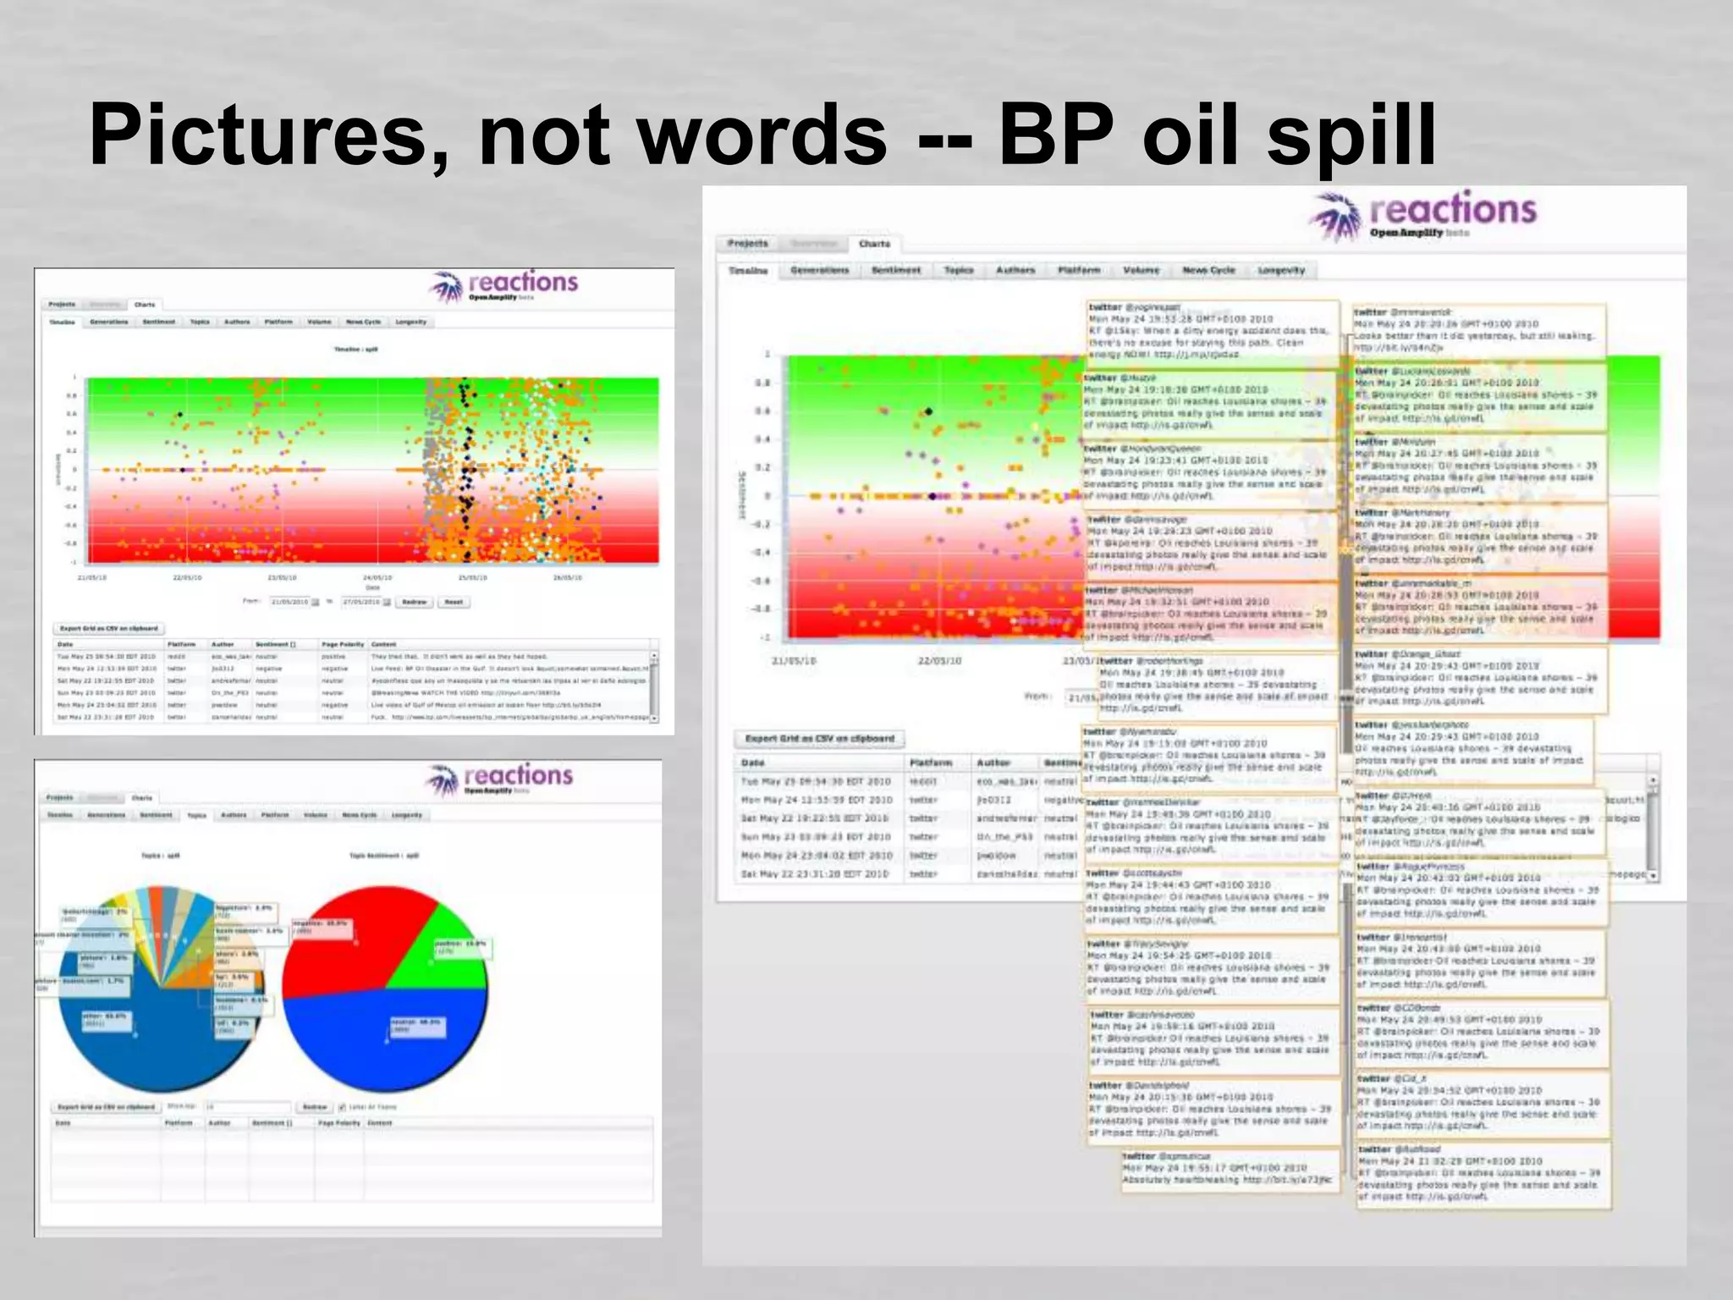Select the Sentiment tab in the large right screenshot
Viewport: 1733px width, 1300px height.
pyautogui.click(x=896, y=271)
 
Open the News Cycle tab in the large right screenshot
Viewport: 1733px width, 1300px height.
pyautogui.click(x=1208, y=271)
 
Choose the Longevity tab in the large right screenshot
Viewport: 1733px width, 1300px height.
pyautogui.click(x=1281, y=271)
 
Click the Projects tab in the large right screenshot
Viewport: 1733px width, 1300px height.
pyautogui.click(x=748, y=244)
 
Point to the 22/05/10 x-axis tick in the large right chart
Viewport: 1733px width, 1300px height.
pyautogui.click(x=940, y=661)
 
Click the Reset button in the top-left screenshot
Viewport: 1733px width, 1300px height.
pyautogui.click(x=454, y=602)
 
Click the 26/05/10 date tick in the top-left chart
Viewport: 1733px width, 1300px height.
pyautogui.click(x=568, y=578)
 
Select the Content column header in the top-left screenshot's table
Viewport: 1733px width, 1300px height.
pyautogui.click(x=383, y=644)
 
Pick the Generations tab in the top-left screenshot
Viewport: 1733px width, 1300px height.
pyautogui.click(x=109, y=322)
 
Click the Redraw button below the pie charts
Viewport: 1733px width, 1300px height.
pyautogui.click(x=315, y=1107)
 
